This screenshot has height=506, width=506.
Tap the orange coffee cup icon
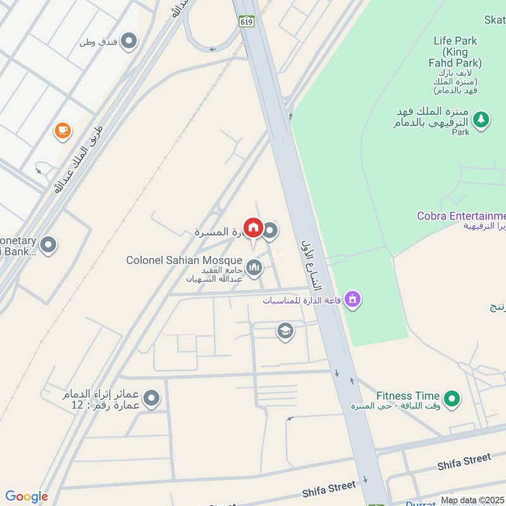pyautogui.click(x=63, y=130)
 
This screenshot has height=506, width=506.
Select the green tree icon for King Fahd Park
pyautogui.click(x=481, y=118)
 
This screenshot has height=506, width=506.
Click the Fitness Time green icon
pyautogui.click(x=451, y=398)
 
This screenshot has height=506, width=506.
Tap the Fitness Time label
pyautogui.click(x=408, y=396)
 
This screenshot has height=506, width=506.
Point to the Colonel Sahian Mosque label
pyautogui.click(x=183, y=260)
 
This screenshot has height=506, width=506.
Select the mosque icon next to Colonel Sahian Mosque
pyautogui.click(x=254, y=269)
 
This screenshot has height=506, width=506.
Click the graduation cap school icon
pyautogui.click(x=285, y=331)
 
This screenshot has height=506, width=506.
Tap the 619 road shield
pyautogui.click(x=246, y=21)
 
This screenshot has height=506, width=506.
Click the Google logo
pyautogui.click(x=26, y=497)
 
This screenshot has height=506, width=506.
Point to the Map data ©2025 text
pyautogui.click(x=472, y=500)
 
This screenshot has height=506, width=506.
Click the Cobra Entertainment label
pyautogui.click(x=461, y=216)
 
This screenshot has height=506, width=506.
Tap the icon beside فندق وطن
pyautogui.click(x=129, y=42)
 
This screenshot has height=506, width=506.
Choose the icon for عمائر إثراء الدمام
pyautogui.click(x=151, y=399)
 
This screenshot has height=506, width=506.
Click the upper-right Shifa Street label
pyautogui.click(x=464, y=461)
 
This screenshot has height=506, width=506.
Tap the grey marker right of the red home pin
pyautogui.click(x=271, y=231)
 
